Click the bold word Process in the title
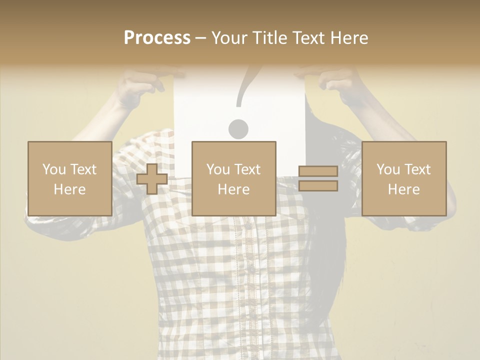157,38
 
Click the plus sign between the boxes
152,179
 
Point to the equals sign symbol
318,179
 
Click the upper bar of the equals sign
318,171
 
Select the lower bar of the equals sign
318,186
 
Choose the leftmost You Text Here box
69,178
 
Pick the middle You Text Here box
233,178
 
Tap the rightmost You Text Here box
403,178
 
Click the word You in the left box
53,169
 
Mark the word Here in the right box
403,189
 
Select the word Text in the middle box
247,169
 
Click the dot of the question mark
238,129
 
